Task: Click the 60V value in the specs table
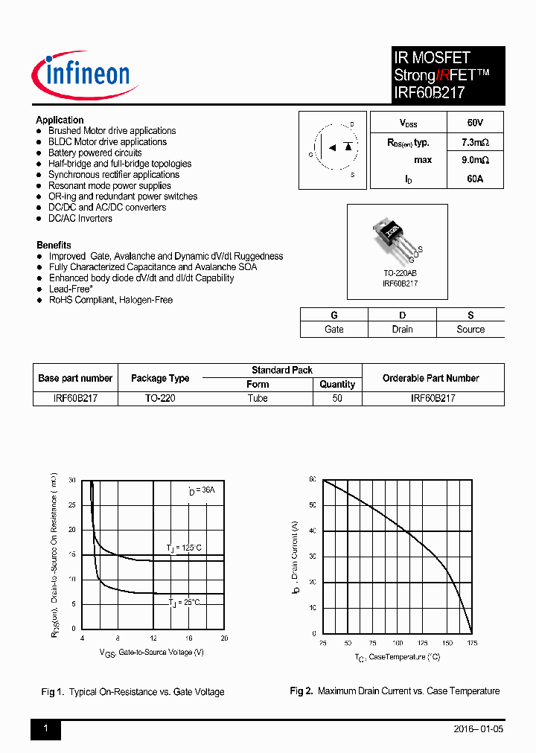(475, 122)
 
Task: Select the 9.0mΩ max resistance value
(475, 160)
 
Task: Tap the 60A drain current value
(475, 179)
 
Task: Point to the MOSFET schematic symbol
(333, 150)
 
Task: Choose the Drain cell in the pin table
(402, 329)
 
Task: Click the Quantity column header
(337, 384)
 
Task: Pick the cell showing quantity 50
(337, 398)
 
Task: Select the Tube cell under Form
(258, 398)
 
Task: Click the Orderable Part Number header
(433, 378)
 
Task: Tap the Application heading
(60, 120)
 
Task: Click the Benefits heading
(54, 245)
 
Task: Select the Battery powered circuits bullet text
(95, 153)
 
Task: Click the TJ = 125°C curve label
(184, 548)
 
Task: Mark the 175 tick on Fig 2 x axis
(472, 643)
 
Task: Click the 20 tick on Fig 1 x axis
(224, 638)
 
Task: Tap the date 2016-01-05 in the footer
(478, 729)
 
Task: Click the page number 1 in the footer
(45, 729)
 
